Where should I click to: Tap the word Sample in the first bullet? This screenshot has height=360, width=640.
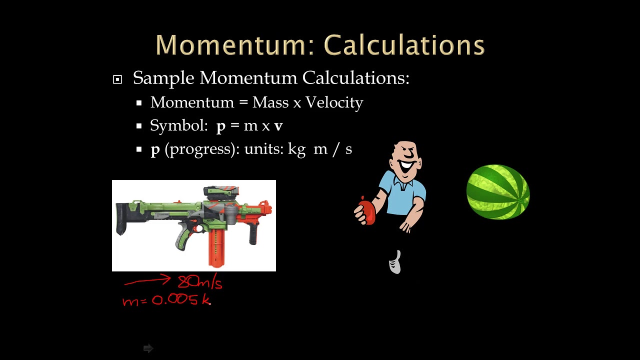(x=163, y=78)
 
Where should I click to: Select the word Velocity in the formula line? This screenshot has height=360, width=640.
(x=334, y=102)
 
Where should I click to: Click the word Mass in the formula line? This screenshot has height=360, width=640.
(x=270, y=102)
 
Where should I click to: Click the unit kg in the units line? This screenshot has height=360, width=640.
(x=297, y=149)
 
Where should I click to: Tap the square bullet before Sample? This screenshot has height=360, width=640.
(x=117, y=79)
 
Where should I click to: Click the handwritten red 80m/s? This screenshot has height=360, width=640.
(x=200, y=282)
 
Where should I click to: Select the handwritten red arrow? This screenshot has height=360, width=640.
(x=147, y=281)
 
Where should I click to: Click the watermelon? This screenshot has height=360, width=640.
(x=498, y=192)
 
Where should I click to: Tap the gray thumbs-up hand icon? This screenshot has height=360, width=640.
(x=395, y=262)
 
